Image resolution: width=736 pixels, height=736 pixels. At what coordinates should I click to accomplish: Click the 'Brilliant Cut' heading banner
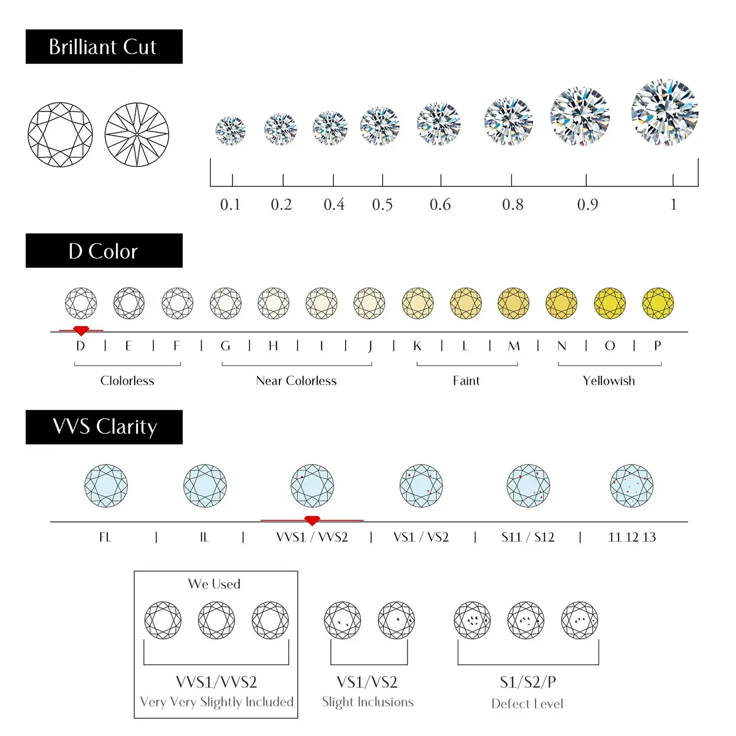point(104,47)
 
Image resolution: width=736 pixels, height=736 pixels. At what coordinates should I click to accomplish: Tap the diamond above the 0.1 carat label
point(230,130)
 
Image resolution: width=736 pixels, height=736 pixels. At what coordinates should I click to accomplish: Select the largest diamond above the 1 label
point(665,112)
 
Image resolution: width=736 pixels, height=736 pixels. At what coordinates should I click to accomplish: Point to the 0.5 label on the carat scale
point(382,205)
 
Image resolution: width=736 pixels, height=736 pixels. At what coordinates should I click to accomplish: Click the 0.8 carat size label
point(512,205)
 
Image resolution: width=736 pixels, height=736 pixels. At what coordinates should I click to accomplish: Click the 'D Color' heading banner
point(104,251)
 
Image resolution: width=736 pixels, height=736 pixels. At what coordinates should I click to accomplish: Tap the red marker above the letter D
point(81,330)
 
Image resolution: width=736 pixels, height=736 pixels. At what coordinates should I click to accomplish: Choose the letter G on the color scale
point(225,346)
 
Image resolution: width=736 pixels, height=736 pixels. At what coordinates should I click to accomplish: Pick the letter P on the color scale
point(658,346)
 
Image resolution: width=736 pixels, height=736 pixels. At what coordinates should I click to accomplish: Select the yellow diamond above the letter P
point(658,303)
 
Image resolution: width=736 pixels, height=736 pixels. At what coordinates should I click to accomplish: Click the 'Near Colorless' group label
point(296,381)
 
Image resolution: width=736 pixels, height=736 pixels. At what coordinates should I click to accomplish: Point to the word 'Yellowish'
point(609,381)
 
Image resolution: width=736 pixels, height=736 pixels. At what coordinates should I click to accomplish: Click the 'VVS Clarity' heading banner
point(104,427)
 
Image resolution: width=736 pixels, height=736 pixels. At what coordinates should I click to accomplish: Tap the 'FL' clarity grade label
point(105,537)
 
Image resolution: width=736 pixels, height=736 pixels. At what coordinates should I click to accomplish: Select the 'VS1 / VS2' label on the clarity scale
point(421,537)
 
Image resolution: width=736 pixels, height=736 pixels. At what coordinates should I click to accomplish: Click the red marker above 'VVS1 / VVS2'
point(312,520)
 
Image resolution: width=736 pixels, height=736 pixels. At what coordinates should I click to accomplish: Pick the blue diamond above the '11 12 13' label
point(632,486)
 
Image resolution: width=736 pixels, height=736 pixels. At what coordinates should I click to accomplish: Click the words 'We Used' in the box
point(214,584)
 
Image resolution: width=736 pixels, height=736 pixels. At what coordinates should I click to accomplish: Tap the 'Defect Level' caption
point(527,704)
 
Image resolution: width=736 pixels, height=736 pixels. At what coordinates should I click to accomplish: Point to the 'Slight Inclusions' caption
point(367,702)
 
